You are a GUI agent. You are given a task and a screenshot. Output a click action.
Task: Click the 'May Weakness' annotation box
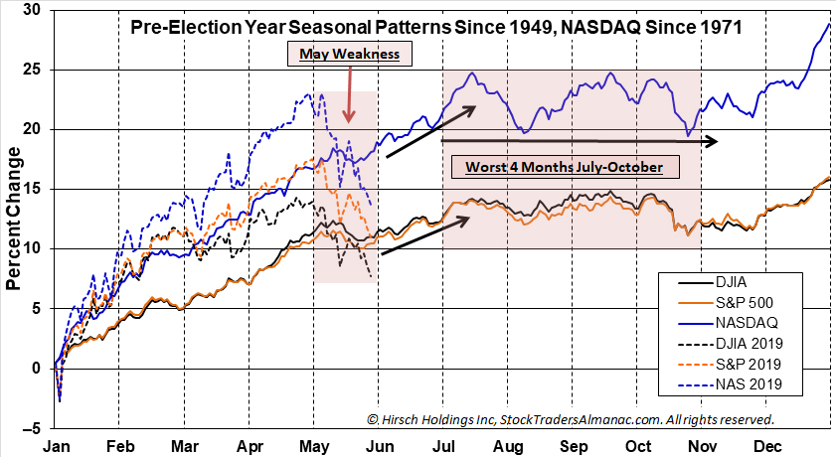(351, 54)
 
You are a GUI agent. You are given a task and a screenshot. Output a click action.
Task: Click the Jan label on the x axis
(56, 446)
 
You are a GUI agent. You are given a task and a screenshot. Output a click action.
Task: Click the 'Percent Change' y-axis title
(14, 219)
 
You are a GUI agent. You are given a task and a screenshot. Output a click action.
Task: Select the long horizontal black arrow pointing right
(578, 142)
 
